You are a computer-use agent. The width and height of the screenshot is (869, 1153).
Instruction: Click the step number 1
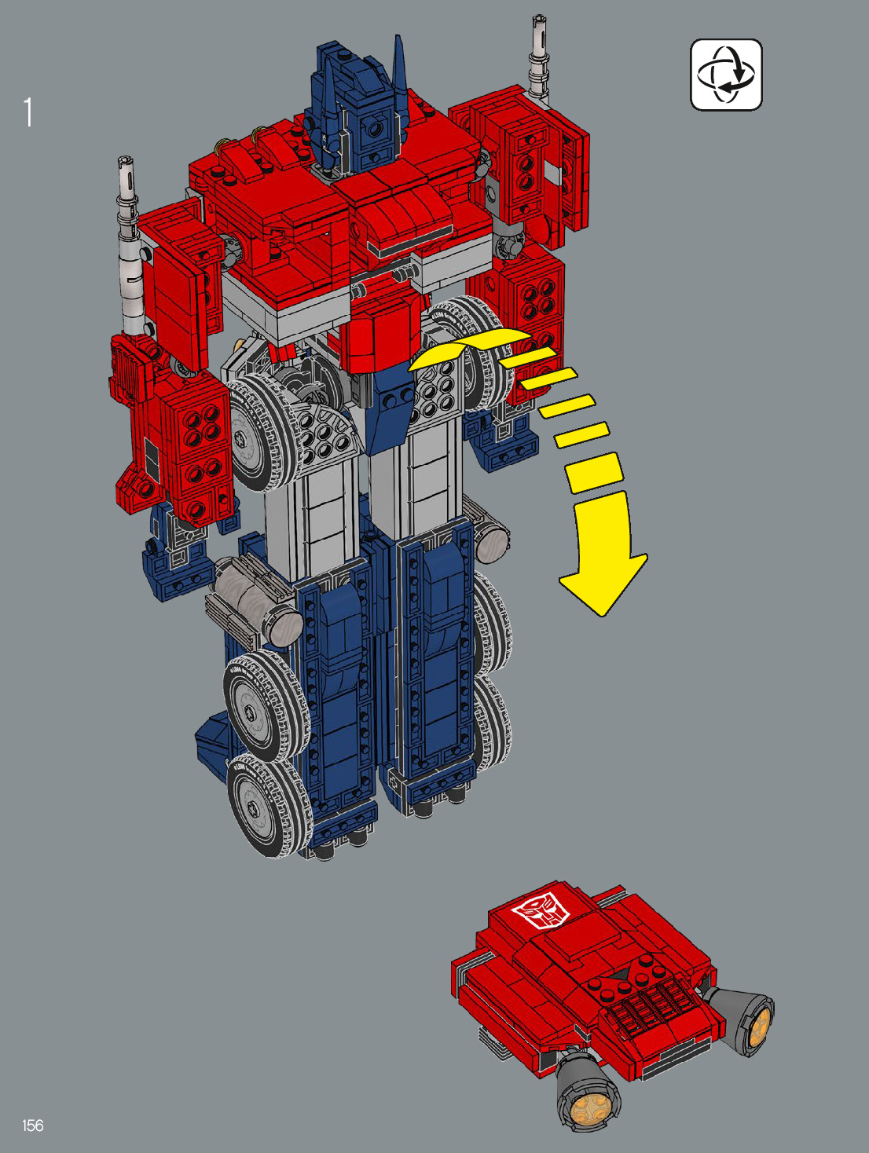coord(27,112)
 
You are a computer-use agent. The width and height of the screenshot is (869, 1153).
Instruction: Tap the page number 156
coord(32,1126)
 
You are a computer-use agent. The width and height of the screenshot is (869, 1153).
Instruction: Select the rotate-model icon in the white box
coord(726,75)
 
